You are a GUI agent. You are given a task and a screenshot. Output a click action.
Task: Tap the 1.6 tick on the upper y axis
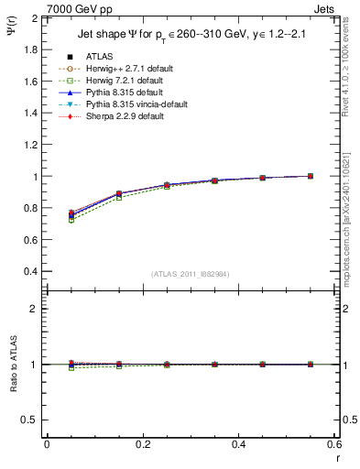pos(30,82)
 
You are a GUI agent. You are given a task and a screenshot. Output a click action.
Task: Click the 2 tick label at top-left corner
pos(35,18)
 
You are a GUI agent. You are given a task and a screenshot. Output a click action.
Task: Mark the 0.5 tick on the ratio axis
pos(30,420)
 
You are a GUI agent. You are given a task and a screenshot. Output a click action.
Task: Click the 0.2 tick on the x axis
pos(143,444)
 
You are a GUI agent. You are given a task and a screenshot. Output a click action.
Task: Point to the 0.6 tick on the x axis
pos(334,444)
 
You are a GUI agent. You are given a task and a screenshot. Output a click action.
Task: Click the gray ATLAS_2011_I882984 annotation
pos(191,274)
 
